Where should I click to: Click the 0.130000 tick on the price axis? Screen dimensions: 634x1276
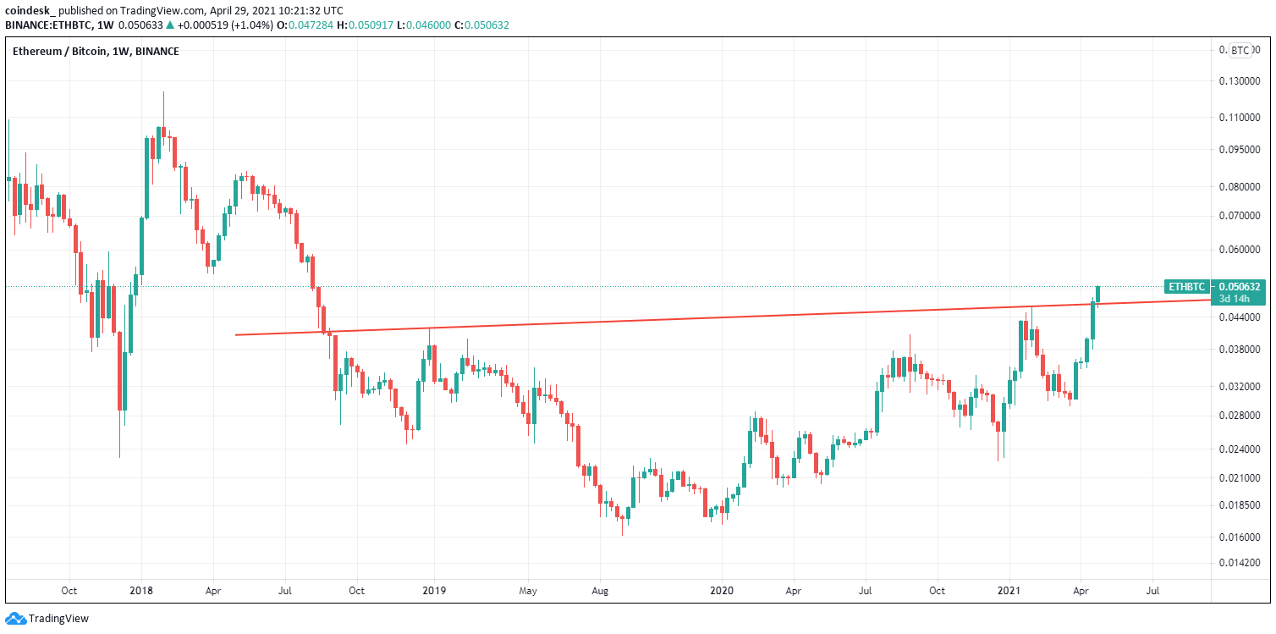[x=1240, y=81]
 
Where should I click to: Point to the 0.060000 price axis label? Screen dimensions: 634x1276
[x=1240, y=251]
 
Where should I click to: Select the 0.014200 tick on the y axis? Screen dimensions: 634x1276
[x=1240, y=562]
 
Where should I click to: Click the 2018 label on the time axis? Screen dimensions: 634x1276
[x=141, y=590]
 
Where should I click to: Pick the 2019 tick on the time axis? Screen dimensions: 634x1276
[x=433, y=590]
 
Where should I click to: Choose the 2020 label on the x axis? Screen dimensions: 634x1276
[x=722, y=590]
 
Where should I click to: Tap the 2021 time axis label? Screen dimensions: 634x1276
[x=1009, y=590]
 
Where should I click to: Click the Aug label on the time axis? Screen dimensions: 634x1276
[x=600, y=590]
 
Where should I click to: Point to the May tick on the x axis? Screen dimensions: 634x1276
[x=528, y=590]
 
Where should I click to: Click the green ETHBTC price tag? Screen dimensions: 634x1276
[x=1186, y=287]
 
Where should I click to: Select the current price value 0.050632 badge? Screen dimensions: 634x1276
[x=1240, y=287]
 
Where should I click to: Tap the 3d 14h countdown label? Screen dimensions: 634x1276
[x=1236, y=299]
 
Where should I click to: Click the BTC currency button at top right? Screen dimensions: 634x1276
[x=1240, y=51]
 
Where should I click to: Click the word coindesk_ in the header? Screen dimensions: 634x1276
[x=30, y=9]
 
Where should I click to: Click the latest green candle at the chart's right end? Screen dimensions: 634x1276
[x=1097, y=293]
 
